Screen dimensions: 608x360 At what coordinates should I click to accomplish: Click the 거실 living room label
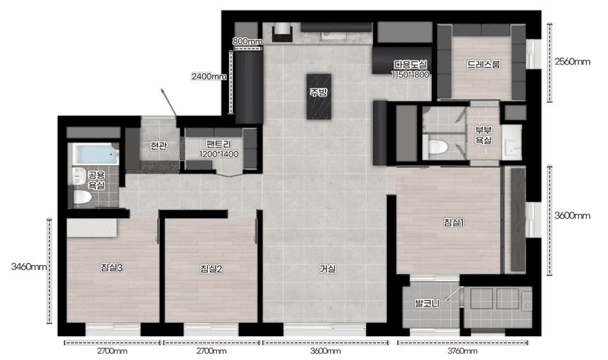point(327,269)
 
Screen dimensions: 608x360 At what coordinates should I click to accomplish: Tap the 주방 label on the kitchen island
point(318,92)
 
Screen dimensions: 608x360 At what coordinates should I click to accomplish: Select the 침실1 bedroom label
point(454,222)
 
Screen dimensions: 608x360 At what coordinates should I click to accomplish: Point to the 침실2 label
point(211,269)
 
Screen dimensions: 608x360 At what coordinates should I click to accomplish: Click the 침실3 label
point(112,267)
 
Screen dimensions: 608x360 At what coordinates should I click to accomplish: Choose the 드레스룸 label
point(483,64)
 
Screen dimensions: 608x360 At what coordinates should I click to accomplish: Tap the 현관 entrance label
point(158,146)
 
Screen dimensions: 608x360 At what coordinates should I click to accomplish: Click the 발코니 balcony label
point(427,303)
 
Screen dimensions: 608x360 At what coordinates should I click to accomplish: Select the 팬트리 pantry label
point(219,144)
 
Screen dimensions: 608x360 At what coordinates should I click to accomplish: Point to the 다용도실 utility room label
point(411,64)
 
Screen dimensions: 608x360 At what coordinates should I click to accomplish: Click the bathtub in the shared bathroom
point(96,154)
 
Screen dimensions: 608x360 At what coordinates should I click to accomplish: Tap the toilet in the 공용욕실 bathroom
point(82,197)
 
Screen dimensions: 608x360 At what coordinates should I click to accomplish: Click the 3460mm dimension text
point(29,266)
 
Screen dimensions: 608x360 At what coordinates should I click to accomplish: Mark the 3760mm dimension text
point(462,351)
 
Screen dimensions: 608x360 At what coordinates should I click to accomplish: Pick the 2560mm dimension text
point(572,61)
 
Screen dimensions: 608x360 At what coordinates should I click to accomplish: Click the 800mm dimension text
point(248,41)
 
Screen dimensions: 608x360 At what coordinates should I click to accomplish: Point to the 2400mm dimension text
point(208,77)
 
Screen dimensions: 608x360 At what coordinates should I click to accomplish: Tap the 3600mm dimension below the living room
point(325,351)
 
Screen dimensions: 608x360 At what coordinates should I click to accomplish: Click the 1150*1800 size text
point(410,75)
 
